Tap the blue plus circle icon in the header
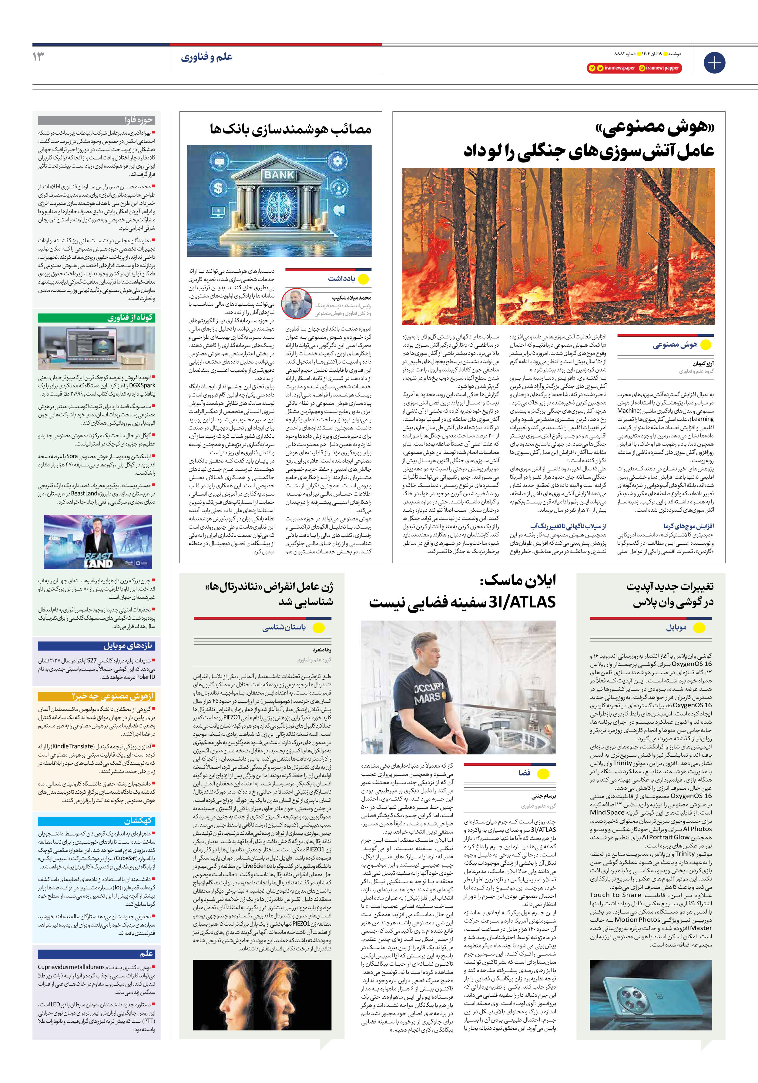point(714,63)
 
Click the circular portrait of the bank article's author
point(297,303)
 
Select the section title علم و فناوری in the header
point(206,57)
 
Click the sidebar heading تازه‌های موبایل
point(128,645)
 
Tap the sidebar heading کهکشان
point(139,821)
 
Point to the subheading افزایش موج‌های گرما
point(688,526)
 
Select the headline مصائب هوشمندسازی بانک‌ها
point(290,129)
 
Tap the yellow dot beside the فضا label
point(543,774)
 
